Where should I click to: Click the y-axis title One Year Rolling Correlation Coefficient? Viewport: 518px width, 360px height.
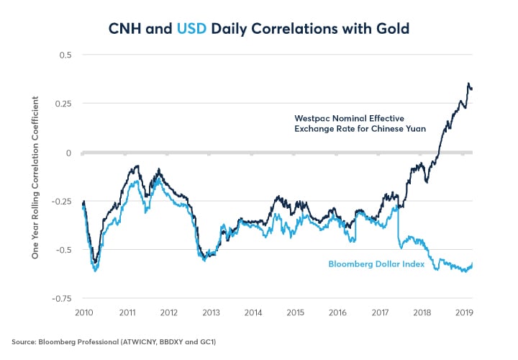pyautogui.click(x=33, y=177)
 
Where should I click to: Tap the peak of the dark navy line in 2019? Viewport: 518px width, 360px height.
pyautogui.click(x=469, y=84)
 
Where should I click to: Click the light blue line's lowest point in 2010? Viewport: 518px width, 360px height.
pyautogui.click(x=95, y=271)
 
